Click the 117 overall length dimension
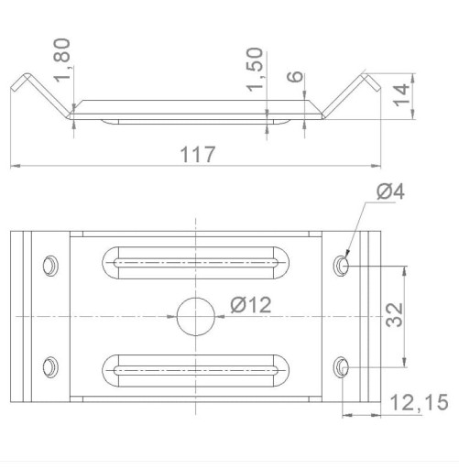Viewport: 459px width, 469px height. click(x=198, y=155)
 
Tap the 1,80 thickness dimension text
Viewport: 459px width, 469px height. click(x=62, y=60)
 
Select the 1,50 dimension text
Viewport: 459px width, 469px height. click(x=255, y=70)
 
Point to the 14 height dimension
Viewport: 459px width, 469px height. click(x=401, y=94)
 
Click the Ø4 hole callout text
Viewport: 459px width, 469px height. click(x=390, y=192)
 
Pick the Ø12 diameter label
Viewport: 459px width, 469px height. click(x=251, y=305)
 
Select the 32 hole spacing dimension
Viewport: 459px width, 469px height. click(x=394, y=315)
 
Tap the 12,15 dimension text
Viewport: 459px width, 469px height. click(x=420, y=402)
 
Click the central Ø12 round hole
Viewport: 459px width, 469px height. click(x=196, y=317)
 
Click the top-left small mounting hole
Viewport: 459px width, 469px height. click(x=50, y=266)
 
